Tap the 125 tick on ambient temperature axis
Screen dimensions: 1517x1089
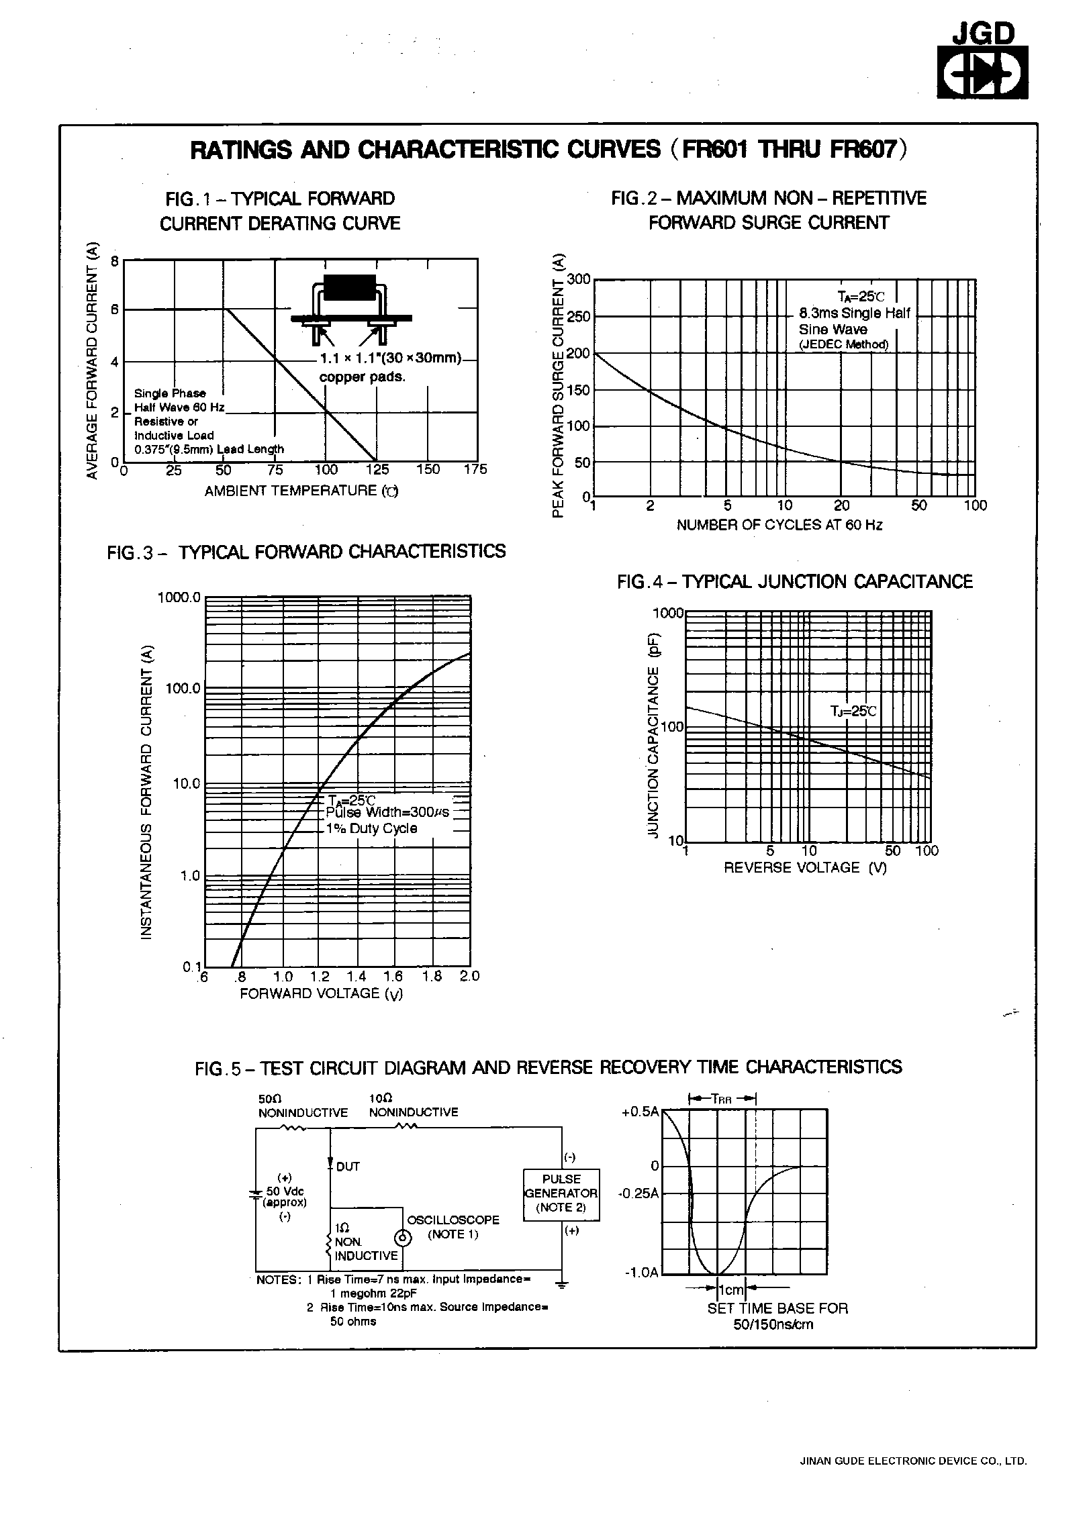tap(378, 470)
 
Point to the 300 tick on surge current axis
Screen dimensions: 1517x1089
tap(578, 280)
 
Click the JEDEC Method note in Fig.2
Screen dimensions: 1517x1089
tap(843, 345)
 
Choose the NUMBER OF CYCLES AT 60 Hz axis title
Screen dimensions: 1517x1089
tap(779, 525)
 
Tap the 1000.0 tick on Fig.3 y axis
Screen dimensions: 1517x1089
tap(179, 597)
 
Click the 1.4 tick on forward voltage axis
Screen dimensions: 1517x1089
tap(357, 977)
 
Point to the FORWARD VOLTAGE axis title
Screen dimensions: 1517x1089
tap(321, 994)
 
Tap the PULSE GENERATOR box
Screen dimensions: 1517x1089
tap(561, 1193)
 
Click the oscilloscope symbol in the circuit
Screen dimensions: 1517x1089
tap(402, 1236)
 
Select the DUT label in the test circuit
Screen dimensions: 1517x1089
tap(347, 1167)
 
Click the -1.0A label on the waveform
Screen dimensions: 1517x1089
tap(642, 1272)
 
